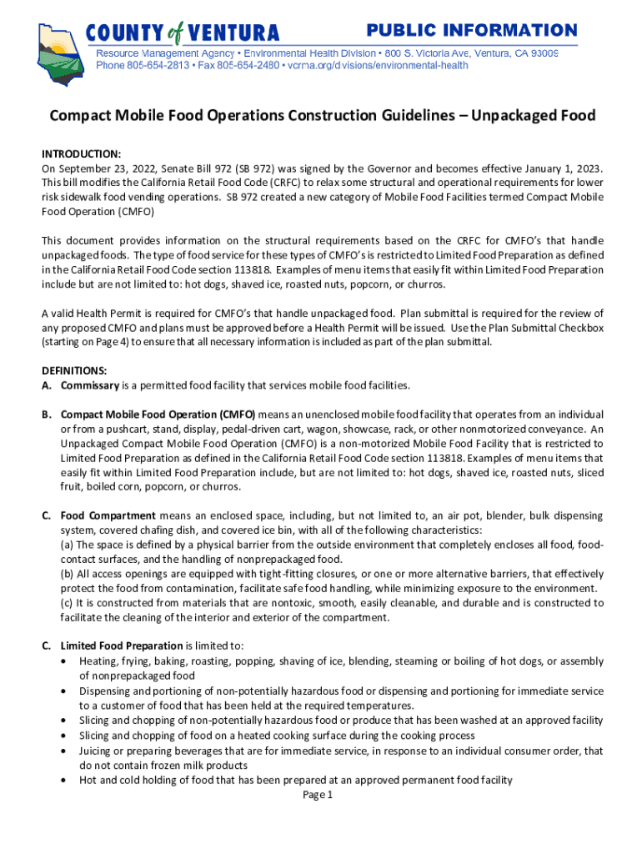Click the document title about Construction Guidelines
point(321,116)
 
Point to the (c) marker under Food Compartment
point(67,603)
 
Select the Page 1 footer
point(318,795)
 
